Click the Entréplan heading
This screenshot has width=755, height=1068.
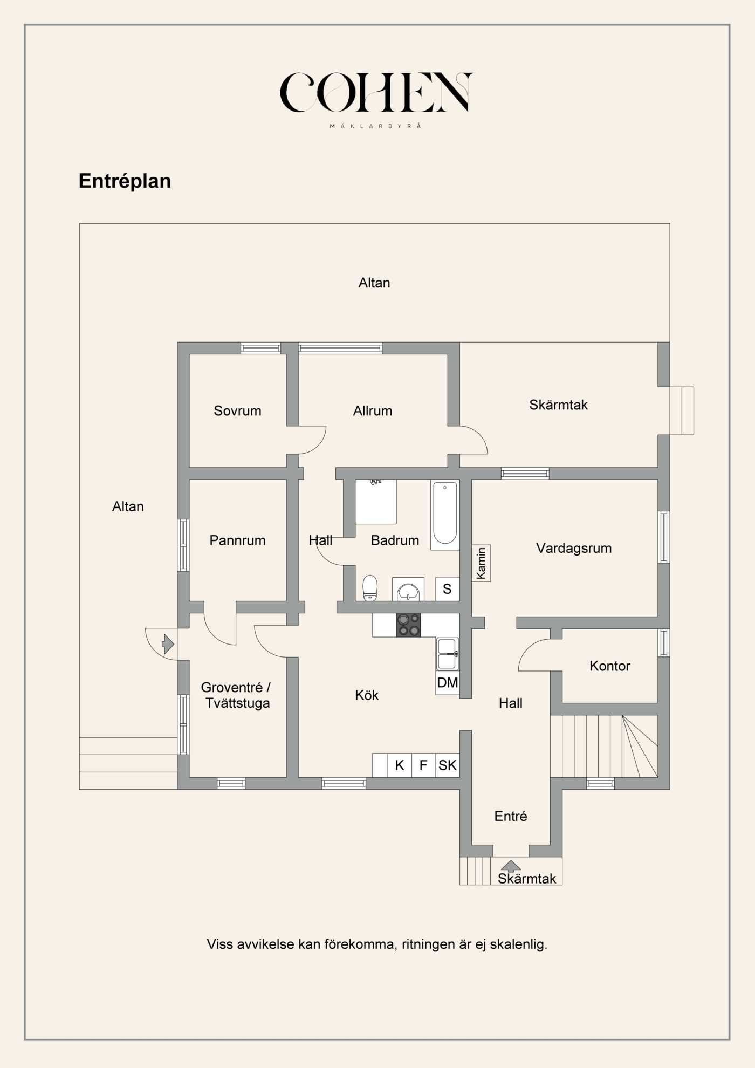[125, 181]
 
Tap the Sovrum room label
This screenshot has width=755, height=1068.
[237, 410]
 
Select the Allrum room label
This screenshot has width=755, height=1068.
[372, 410]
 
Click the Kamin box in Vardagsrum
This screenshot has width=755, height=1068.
[481, 563]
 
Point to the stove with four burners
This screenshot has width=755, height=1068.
[408, 625]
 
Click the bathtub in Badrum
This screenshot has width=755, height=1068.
[444, 514]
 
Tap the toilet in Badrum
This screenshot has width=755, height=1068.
[370, 587]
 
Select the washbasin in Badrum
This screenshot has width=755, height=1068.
[408, 590]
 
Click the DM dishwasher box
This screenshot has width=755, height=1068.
[447, 683]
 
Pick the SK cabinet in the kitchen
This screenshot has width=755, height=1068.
[447, 765]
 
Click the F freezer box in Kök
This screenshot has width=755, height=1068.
[423, 765]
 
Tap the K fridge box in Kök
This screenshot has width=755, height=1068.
[400, 765]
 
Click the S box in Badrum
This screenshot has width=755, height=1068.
[447, 589]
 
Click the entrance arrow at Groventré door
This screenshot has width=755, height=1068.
[168, 644]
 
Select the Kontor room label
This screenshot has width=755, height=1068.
[609, 666]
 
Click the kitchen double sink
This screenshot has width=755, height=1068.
[447, 653]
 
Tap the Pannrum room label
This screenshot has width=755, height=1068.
[237, 540]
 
